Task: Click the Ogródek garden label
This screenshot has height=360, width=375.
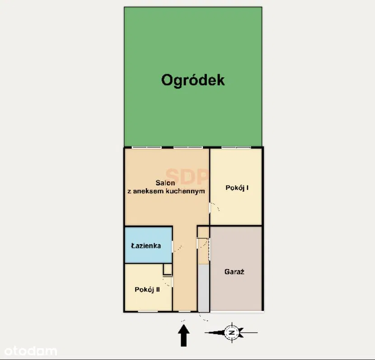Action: pos(193,80)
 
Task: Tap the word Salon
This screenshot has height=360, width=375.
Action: pos(165,183)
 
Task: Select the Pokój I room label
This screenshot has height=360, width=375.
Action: pos(237,188)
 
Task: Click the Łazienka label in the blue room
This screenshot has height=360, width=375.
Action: pos(146,246)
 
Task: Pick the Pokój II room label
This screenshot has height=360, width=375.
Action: pos(147,289)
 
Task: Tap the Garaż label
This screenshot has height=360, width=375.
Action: pos(234,272)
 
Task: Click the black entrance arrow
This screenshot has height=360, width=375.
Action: pos(184,335)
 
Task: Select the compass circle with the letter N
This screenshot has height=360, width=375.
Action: pos(232,332)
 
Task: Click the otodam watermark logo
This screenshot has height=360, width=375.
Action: pos(31,351)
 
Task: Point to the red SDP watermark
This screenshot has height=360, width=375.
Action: pos(187,176)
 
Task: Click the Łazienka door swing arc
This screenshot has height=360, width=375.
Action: pos(178,248)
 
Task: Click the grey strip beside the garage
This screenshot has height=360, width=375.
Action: pos(204,288)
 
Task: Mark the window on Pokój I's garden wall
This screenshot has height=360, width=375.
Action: pos(236,147)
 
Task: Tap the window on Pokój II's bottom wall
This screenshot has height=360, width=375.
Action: pos(148,311)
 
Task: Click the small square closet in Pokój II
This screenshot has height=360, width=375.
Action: pos(168,270)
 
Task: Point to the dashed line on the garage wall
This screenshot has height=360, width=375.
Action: pos(210,249)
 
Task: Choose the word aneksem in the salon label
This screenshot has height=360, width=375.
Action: pos(145,191)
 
